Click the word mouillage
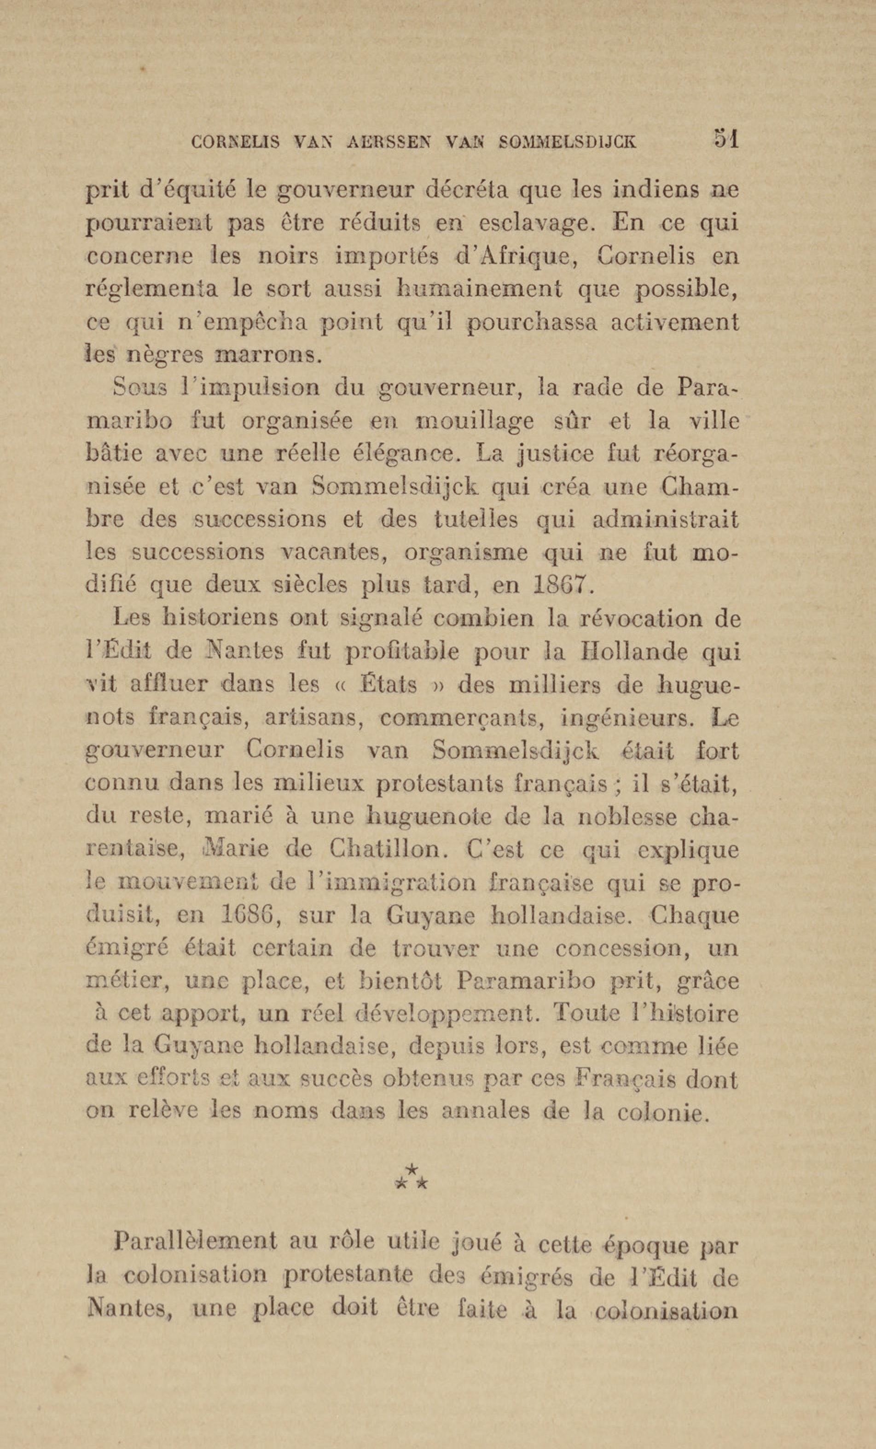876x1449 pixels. (x=474, y=421)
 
